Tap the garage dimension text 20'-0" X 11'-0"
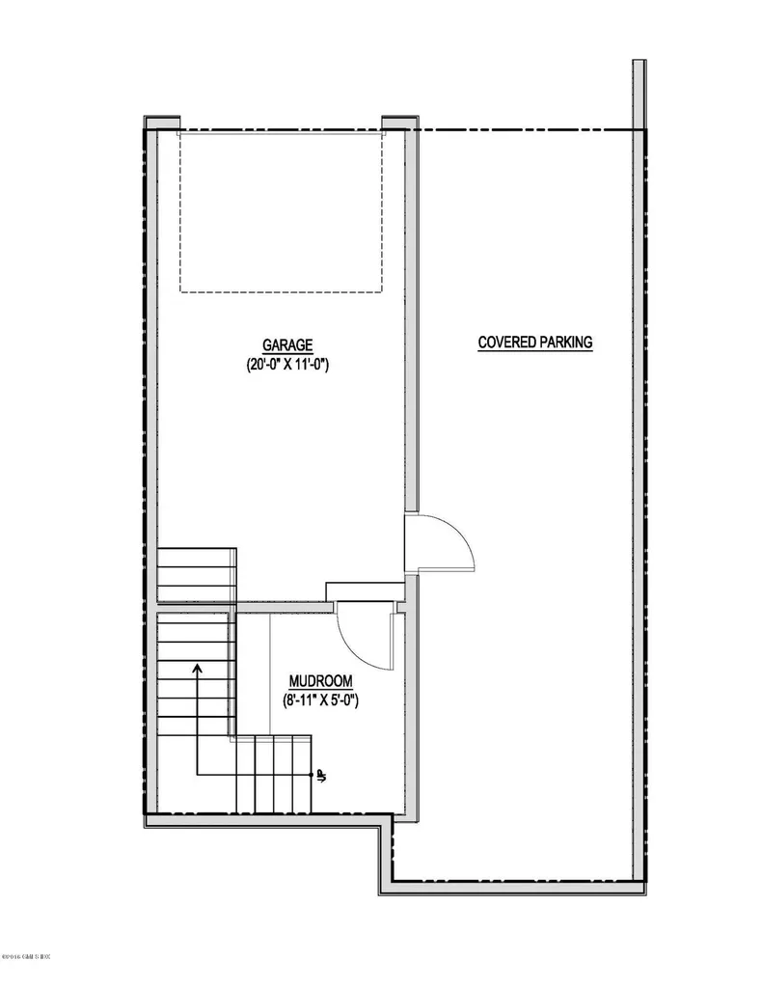click(x=287, y=365)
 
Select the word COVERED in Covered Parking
click(x=507, y=342)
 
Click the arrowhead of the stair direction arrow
click(x=197, y=666)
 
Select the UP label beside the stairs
click(x=320, y=775)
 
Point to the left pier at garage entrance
click(x=163, y=122)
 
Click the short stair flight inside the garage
click(x=197, y=575)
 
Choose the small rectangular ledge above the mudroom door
click(x=365, y=590)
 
